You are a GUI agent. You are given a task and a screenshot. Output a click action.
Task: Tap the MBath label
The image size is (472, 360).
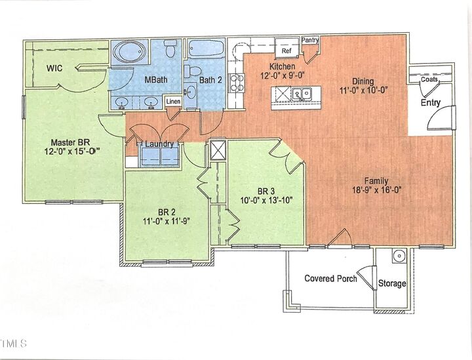[x=155, y=81]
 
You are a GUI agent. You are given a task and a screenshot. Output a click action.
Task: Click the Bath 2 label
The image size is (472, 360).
[x=211, y=81]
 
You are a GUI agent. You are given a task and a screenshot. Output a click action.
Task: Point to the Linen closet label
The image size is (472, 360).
[x=173, y=102]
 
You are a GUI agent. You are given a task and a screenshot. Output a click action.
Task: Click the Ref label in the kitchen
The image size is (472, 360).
[x=286, y=50]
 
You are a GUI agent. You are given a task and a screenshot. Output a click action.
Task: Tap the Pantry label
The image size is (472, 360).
[x=310, y=41]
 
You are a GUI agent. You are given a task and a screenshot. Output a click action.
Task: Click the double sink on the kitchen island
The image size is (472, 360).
[x=302, y=94]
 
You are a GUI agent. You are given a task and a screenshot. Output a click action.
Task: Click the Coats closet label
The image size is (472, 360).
[x=429, y=79]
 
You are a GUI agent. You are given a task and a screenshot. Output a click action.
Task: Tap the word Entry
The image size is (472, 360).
[x=431, y=103]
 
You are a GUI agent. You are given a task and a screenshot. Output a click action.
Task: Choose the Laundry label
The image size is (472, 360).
[x=159, y=144]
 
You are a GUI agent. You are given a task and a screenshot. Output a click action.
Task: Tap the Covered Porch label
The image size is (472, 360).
[x=330, y=279]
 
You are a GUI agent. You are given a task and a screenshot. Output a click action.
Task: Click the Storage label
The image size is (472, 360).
[x=392, y=284]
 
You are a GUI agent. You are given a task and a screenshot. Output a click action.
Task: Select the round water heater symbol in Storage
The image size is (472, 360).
[x=397, y=256]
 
